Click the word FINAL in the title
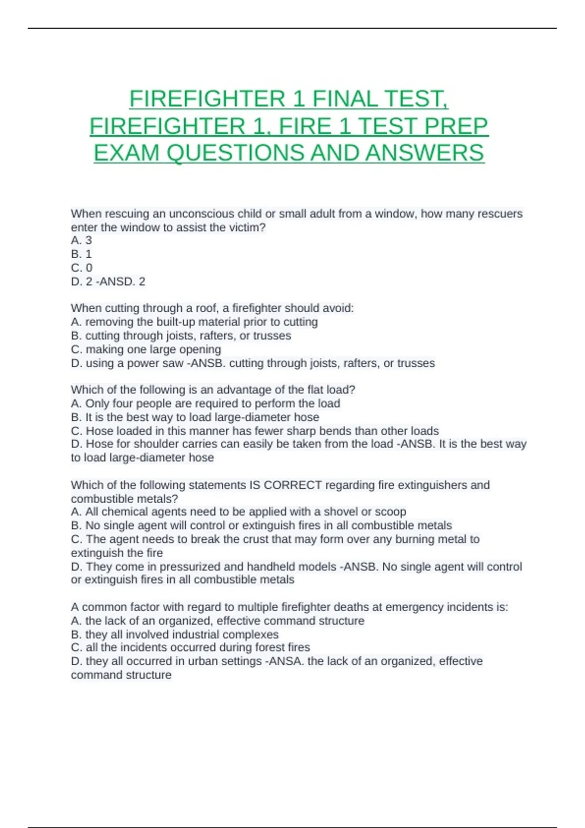(345, 99)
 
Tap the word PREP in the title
(456, 126)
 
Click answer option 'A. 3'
(81, 240)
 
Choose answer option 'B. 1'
(81, 254)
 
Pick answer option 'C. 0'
(81, 267)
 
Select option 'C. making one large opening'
(146, 349)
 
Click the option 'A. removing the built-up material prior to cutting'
(194, 322)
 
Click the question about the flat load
(213, 390)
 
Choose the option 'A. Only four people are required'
(205, 403)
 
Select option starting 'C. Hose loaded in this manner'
(254, 431)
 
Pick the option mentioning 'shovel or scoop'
(238, 512)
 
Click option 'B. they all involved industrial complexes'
(175, 635)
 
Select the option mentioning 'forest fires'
(190, 647)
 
